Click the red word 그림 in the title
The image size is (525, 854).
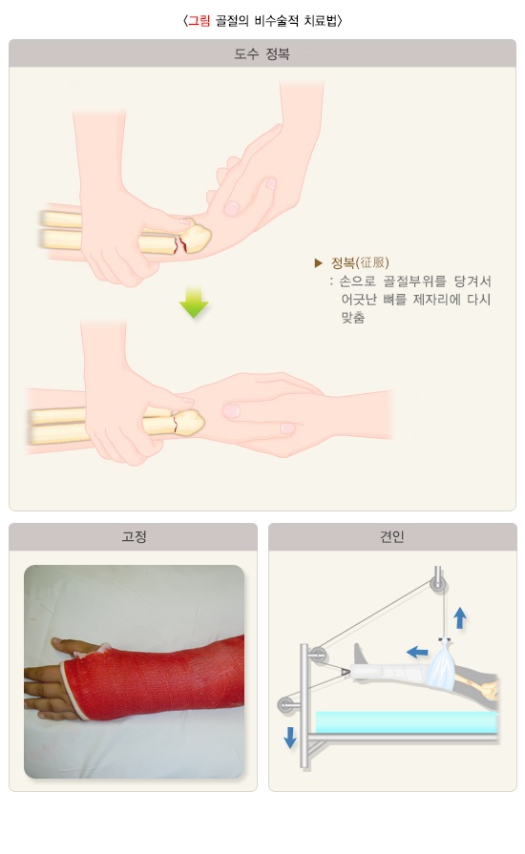(x=199, y=21)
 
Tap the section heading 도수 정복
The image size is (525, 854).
(x=262, y=54)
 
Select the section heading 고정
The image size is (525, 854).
(x=134, y=536)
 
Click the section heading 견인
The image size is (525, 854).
(x=392, y=536)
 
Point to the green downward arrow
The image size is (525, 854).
(x=194, y=302)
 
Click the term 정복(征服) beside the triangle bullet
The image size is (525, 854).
(x=360, y=263)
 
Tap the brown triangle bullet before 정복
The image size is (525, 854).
(x=319, y=263)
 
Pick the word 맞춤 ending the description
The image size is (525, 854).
(x=353, y=317)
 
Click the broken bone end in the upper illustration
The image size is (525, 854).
(x=195, y=237)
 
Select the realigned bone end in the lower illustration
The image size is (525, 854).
(x=189, y=423)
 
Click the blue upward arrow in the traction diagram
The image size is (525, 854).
(x=460, y=618)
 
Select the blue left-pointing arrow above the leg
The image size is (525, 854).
(x=417, y=652)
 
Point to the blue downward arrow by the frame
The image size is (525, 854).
(x=290, y=738)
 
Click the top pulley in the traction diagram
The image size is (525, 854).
(x=437, y=584)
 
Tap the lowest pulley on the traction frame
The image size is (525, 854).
(x=285, y=705)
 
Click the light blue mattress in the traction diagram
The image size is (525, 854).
(x=407, y=722)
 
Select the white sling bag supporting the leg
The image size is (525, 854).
(x=442, y=663)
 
